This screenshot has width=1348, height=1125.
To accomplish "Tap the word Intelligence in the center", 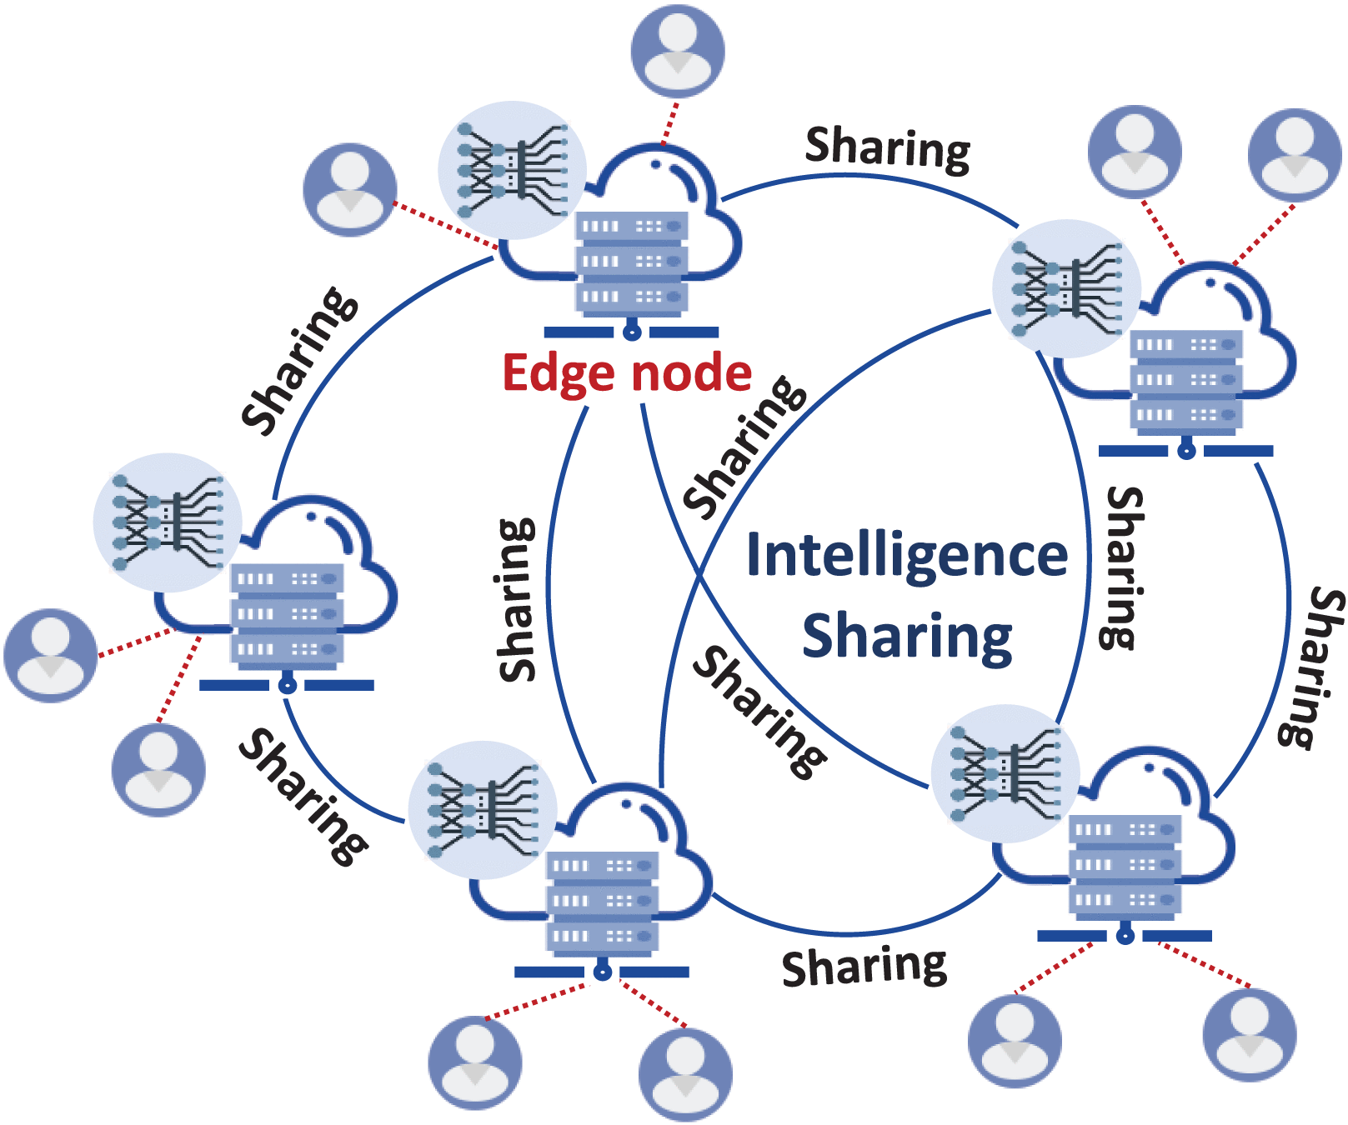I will tap(906, 555).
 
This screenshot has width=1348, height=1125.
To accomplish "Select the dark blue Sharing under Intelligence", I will tap(907, 637).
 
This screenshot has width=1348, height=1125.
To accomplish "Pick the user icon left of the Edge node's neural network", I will tap(349, 189).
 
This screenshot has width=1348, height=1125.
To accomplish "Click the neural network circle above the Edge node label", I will tap(512, 171).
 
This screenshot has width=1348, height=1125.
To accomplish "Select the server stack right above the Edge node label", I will tap(631, 262).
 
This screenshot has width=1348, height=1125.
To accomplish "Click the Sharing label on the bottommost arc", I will tap(864, 967).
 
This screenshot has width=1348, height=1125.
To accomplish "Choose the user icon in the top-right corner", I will tap(1294, 155).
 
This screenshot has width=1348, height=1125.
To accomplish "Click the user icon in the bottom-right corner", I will tap(1249, 1035).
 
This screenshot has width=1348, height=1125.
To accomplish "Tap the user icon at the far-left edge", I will tap(51, 655).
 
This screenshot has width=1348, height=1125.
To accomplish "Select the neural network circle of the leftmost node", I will tap(168, 522).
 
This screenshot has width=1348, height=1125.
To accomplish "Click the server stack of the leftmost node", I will tap(287, 614).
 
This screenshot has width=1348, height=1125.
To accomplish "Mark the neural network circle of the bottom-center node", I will tap(482, 809).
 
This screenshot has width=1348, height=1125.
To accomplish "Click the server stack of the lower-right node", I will tap(1124, 865).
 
